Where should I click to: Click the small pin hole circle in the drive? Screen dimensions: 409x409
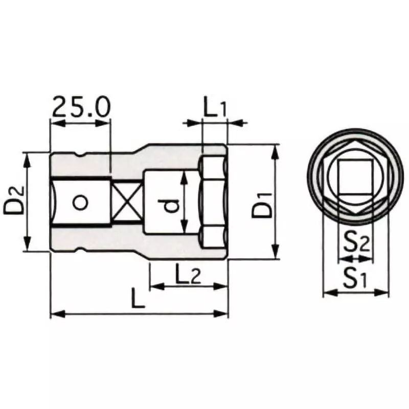pyautogui.click(x=79, y=202)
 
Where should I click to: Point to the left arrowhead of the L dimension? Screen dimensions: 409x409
pyautogui.click(x=55, y=313)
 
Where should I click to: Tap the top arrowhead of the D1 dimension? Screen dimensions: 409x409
pyautogui.click(x=275, y=149)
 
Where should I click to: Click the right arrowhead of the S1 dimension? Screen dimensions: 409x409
pyautogui.click(x=384, y=292)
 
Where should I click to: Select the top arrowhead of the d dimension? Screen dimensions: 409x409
pyautogui.click(x=185, y=174)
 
